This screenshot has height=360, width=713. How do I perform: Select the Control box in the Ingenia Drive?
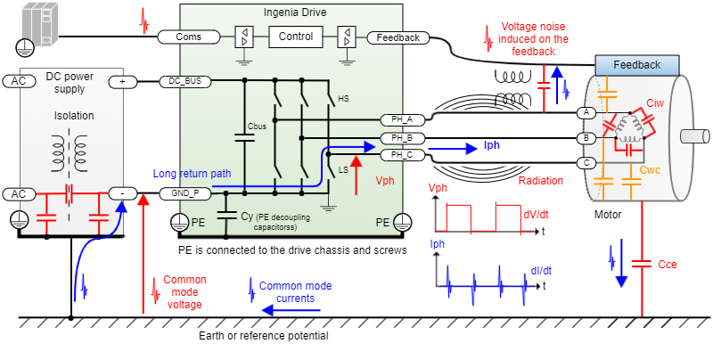296,37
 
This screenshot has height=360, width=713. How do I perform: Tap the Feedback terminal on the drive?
398,37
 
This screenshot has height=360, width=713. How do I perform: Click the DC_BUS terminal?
185,81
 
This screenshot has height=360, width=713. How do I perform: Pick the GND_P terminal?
185,192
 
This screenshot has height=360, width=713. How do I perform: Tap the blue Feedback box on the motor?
636,65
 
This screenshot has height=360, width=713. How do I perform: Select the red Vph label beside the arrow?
384,180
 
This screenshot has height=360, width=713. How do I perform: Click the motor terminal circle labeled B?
586,138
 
